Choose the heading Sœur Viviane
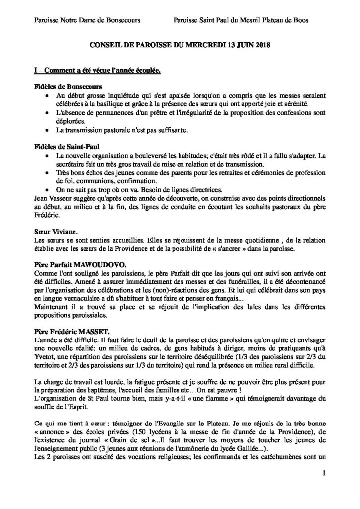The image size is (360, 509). point(53,225)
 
